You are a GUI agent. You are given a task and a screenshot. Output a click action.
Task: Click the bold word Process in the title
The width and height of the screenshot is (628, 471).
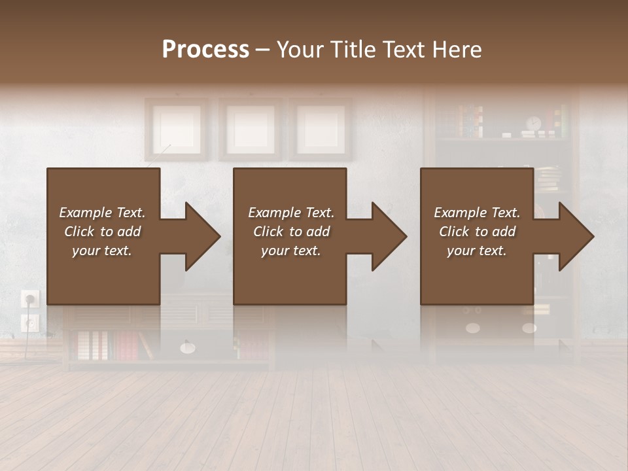point(205,49)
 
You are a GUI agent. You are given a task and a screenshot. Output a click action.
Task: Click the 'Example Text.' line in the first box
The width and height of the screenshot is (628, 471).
point(102,213)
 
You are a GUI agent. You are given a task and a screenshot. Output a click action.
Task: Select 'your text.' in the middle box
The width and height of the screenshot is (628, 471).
point(290,251)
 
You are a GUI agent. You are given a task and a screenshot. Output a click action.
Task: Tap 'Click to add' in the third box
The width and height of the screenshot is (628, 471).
point(477,232)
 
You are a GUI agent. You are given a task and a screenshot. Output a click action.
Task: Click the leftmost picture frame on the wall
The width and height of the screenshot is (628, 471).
point(177,128)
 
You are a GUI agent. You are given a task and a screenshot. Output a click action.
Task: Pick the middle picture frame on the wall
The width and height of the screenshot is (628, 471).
point(250,128)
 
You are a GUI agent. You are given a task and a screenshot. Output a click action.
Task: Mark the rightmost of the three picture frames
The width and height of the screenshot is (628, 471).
point(321,128)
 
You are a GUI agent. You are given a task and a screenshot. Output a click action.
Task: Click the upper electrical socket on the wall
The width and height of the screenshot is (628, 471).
point(30,299)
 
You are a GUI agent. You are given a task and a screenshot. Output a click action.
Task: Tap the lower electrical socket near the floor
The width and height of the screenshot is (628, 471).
point(30,322)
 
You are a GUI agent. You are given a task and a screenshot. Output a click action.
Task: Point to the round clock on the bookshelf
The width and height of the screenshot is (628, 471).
point(534,123)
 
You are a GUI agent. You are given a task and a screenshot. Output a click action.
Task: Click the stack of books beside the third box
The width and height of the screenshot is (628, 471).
point(548,179)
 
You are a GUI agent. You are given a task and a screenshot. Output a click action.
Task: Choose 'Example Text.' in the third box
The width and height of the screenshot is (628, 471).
point(477,213)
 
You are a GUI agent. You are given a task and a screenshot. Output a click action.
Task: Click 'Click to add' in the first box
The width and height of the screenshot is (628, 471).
point(102,232)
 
